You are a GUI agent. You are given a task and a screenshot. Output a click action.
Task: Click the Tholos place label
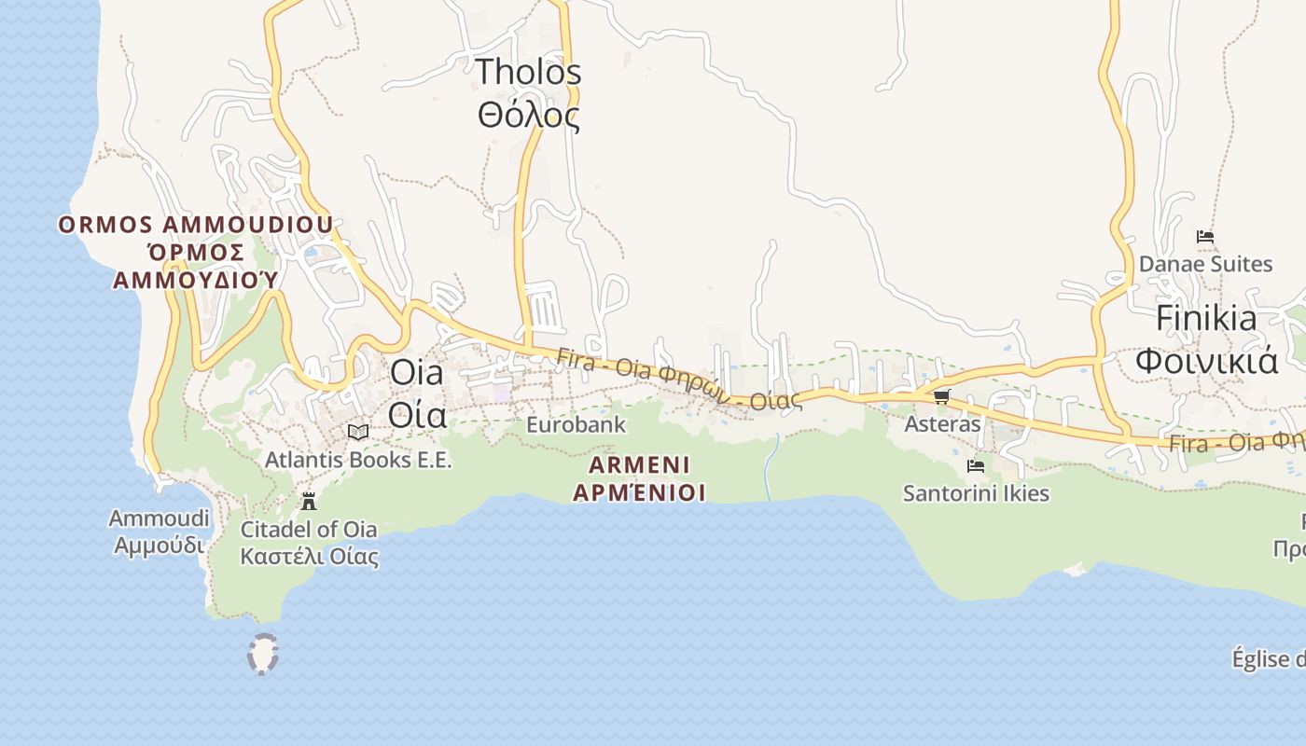pyautogui.click(x=528, y=72)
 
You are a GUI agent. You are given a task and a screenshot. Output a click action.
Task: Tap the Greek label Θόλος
pyautogui.click(x=528, y=116)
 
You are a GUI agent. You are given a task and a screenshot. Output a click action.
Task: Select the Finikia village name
pyautogui.click(x=1205, y=318)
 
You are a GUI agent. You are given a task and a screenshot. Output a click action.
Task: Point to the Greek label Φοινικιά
pyautogui.click(x=1205, y=360)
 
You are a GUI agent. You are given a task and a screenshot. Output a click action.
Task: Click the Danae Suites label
pyautogui.click(x=1205, y=264)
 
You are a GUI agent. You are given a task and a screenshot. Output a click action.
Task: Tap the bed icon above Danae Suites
pyautogui.click(x=1205, y=237)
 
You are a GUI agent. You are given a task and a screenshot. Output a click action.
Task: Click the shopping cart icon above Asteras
pyautogui.click(x=941, y=397)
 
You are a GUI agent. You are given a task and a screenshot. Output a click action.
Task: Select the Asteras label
pyautogui.click(x=942, y=424)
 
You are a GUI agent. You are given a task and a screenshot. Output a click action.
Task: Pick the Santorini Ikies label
pyautogui.click(x=976, y=493)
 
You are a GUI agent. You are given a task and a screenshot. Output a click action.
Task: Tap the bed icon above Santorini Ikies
pyautogui.click(x=976, y=465)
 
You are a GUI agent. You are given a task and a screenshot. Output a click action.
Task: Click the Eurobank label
pyautogui.click(x=576, y=424)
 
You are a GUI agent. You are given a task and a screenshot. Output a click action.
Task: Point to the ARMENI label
pyautogui.click(x=639, y=464)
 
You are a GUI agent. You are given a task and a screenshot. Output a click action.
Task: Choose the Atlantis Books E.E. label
pyautogui.click(x=358, y=460)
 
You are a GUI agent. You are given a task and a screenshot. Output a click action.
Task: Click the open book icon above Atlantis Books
pyautogui.click(x=358, y=432)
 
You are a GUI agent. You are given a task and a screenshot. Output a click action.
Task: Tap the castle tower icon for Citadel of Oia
pyautogui.click(x=309, y=502)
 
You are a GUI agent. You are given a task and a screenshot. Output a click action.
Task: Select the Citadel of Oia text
pyautogui.click(x=309, y=530)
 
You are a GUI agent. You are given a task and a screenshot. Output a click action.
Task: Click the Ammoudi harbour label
pyautogui.click(x=155, y=518)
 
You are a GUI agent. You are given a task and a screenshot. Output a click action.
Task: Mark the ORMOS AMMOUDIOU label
pyautogui.click(x=196, y=225)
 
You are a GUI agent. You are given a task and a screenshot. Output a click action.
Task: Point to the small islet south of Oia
pyautogui.click(x=263, y=655)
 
